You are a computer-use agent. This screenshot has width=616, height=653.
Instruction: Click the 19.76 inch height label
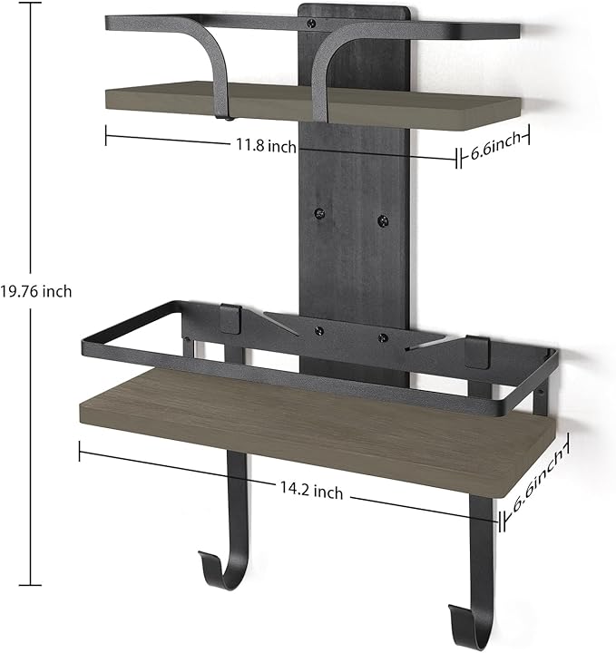tap(35, 291)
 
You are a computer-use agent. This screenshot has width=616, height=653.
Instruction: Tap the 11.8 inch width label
tap(266, 145)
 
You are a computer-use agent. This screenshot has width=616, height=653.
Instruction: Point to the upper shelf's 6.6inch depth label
tap(495, 147)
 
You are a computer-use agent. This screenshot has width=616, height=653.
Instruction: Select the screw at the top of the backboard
tap(311, 24)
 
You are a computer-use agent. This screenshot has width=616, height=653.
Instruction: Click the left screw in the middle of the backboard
tap(320, 213)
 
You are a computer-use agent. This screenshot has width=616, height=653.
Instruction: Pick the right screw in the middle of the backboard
tap(383, 221)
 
